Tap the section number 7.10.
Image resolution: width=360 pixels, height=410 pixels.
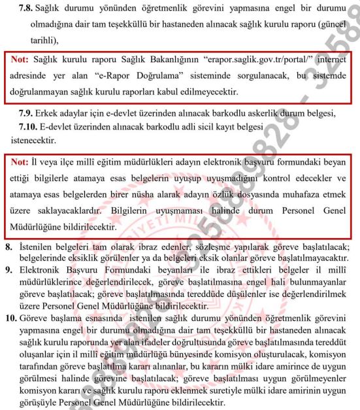tap(29, 125)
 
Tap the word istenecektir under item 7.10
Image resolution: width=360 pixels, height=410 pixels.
tap(39, 139)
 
